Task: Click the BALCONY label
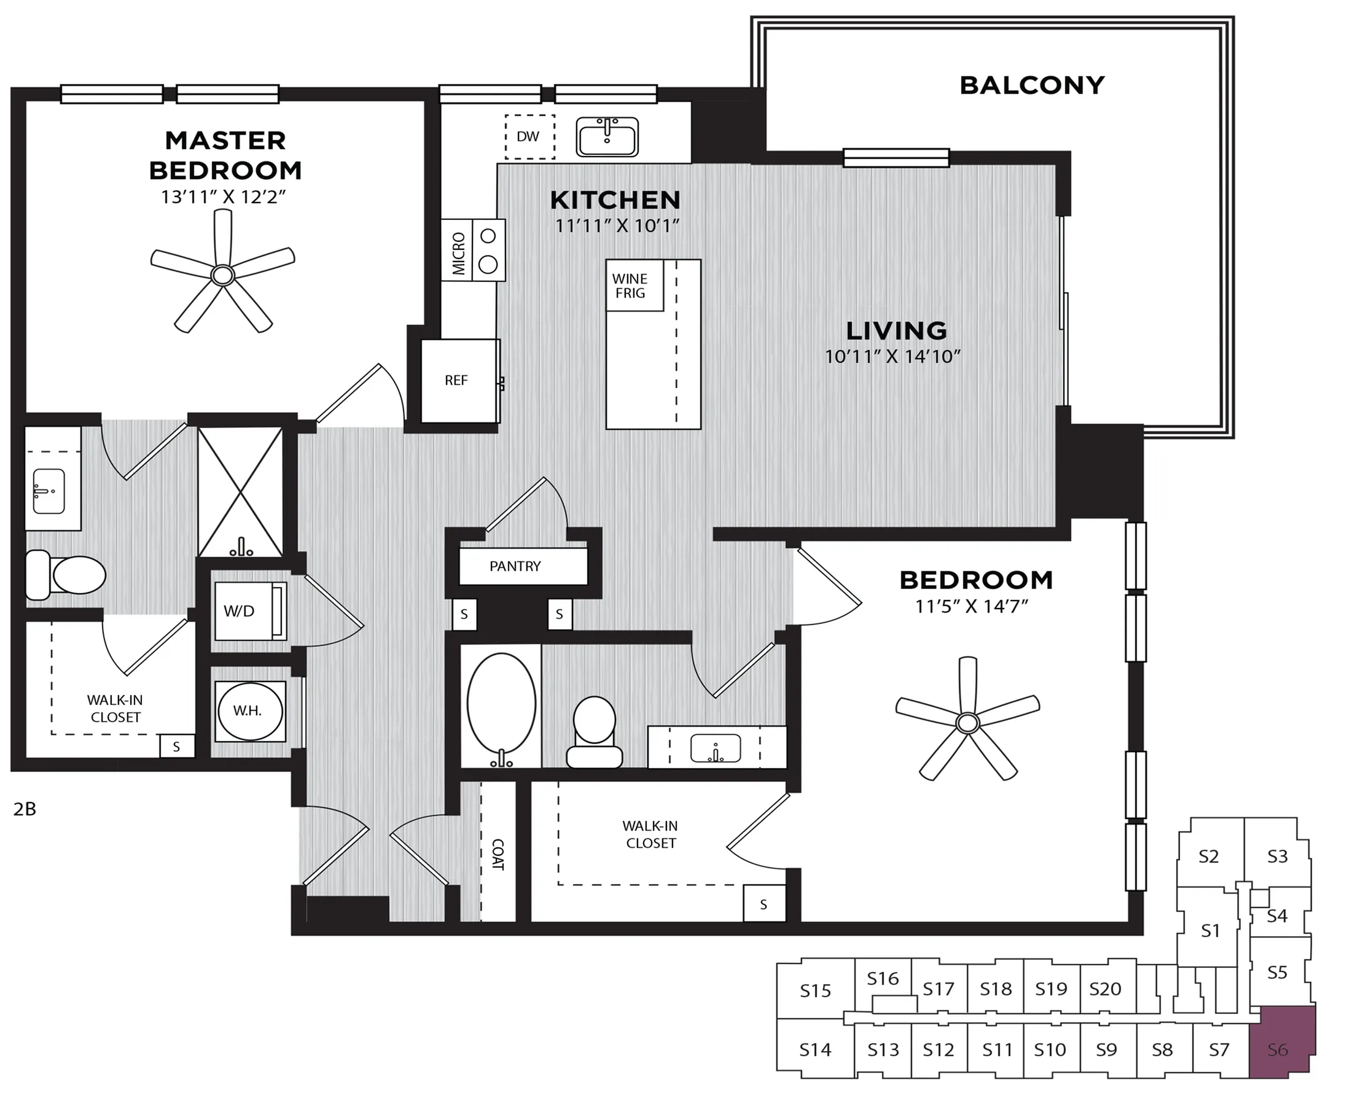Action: tap(1032, 85)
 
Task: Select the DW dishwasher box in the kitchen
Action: tap(529, 136)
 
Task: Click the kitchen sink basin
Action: tap(607, 136)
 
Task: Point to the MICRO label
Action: tap(458, 254)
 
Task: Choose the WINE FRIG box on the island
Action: tap(634, 286)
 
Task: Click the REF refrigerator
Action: tap(459, 381)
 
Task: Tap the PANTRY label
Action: tap(515, 566)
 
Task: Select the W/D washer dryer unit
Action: tap(250, 611)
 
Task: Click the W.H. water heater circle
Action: tap(249, 711)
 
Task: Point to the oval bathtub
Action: tap(501, 705)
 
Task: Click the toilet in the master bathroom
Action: tap(65, 575)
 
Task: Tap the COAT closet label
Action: tap(498, 855)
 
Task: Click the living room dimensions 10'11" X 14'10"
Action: tap(892, 356)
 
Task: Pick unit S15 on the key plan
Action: tap(815, 991)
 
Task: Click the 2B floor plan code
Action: tap(25, 809)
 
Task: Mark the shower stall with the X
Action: tap(240, 491)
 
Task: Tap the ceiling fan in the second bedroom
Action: tap(967, 723)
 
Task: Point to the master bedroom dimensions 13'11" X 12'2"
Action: tap(223, 196)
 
